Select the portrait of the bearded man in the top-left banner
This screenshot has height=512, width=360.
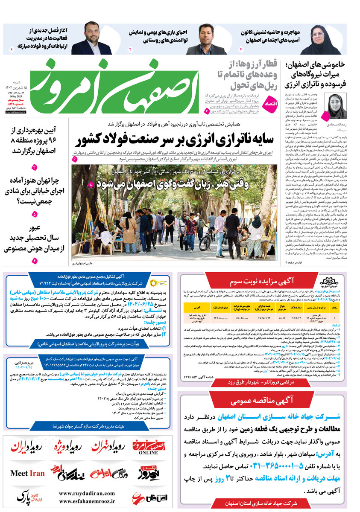coord(92,39)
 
